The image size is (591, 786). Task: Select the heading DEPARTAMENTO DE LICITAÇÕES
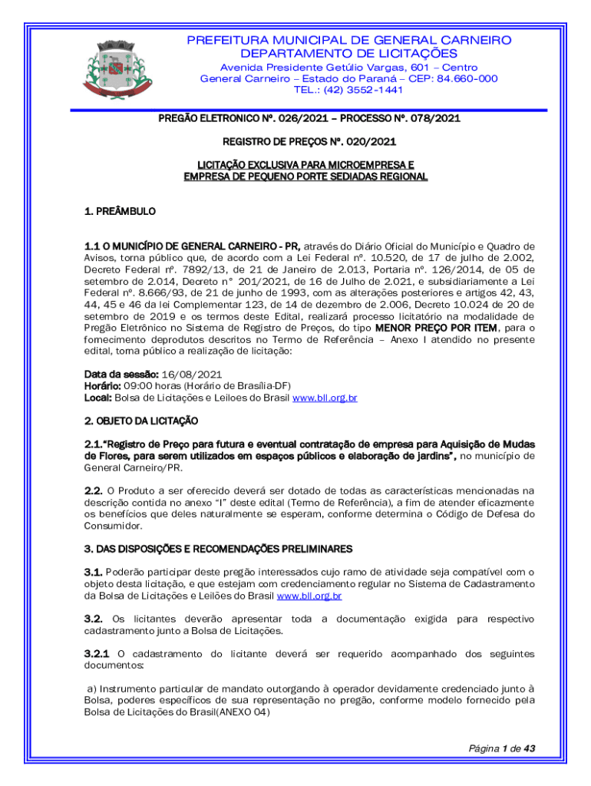click(348, 54)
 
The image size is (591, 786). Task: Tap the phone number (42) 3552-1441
click(348, 89)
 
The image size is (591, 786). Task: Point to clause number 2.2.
click(93, 490)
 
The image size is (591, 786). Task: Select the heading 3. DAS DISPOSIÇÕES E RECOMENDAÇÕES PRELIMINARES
click(218, 549)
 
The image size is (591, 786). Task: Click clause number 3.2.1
click(97, 654)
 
